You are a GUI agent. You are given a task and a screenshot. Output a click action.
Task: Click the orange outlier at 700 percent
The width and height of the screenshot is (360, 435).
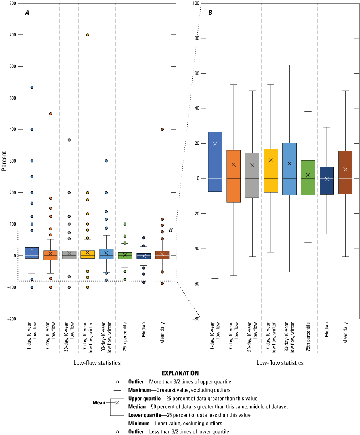(x=88, y=35)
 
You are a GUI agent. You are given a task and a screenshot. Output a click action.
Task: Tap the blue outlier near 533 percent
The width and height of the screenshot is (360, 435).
(x=32, y=87)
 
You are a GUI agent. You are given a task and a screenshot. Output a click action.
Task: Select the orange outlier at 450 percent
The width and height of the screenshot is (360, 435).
(x=50, y=114)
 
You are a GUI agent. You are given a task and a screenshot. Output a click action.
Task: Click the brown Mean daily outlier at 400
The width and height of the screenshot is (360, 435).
(x=162, y=129)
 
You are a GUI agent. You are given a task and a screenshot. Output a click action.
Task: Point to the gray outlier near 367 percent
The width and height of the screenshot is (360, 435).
(x=69, y=140)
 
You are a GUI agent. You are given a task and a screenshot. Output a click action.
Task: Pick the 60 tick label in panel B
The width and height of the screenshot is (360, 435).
(x=195, y=73)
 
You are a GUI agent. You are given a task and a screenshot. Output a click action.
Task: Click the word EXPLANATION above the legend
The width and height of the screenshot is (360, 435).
(x=180, y=373)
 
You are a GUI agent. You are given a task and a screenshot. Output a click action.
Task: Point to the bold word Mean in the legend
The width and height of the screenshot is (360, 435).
(x=98, y=402)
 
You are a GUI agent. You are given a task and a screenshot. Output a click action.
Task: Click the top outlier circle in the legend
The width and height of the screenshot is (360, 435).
(x=117, y=382)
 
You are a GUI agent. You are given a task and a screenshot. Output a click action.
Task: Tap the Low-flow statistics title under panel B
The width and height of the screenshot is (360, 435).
(x=280, y=363)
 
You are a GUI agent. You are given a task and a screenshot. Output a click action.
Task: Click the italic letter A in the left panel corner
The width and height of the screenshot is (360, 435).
(x=27, y=13)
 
